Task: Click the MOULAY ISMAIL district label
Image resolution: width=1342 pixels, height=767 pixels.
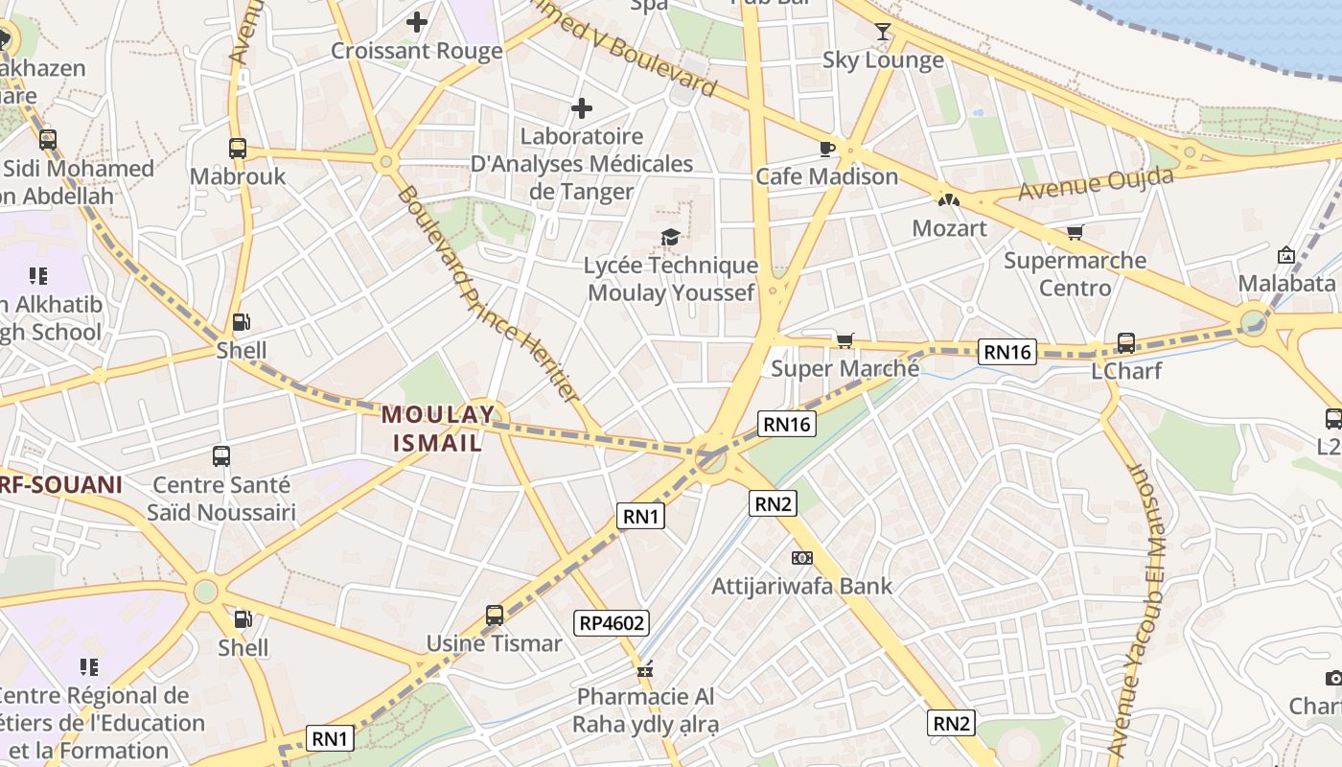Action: (x=438, y=429)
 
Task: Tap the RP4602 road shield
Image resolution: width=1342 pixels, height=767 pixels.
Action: (x=613, y=623)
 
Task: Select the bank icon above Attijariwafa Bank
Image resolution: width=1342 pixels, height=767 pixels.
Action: (x=801, y=557)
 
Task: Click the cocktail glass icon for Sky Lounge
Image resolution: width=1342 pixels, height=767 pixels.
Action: (x=883, y=32)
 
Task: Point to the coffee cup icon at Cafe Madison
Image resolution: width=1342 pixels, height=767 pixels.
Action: (x=826, y=148)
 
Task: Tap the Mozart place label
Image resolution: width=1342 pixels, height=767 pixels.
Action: (x=949, y=228)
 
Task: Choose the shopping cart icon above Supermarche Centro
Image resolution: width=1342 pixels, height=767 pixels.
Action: (x=1075, y=232)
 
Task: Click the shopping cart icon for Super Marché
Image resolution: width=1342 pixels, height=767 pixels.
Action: (x=845, y=340)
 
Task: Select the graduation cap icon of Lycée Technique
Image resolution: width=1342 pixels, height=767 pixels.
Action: (x=670, y=237)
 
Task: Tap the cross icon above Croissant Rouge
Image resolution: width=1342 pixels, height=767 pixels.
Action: (x=417, y=21)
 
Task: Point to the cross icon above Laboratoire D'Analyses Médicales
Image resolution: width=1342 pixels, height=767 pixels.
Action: (x=582, y=108)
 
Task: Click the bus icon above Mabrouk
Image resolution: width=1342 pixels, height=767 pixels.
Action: (x=238, y=149)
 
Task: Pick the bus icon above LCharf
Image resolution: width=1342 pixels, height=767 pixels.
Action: (x=1126, y=342)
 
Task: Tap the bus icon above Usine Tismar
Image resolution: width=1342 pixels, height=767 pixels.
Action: (x=495, y=616)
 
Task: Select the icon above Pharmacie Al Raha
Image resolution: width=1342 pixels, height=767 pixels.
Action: (x=646, y=669)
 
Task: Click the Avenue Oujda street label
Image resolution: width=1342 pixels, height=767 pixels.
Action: (x=1096, y=184)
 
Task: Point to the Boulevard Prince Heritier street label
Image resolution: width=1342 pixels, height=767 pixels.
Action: (x=488, y=292)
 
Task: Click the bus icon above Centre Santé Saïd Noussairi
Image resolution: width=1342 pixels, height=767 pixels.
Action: (x=221, y=456)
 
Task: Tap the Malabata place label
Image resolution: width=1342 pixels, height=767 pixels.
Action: (x=1286, y=283)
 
